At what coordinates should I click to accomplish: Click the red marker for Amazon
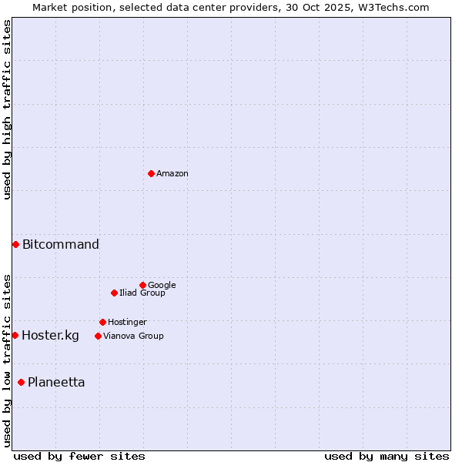(151, 173)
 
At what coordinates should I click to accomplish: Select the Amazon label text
(172, 174)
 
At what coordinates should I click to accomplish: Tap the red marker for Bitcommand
(15, 244)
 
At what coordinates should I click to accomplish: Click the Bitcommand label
(61, 245)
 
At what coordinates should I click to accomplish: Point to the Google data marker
(142, 285)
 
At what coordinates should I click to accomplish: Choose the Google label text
(162, 286)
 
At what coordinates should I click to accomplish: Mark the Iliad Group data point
(114, 293)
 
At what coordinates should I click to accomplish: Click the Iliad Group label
(142, 293)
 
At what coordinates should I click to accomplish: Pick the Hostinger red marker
(102, 322)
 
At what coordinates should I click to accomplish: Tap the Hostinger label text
(127, 323)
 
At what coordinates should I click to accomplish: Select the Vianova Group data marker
(98, 336)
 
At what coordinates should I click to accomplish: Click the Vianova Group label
(133, 336)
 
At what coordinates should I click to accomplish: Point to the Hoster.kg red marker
(15, 335)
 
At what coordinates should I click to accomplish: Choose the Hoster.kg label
(50, 336)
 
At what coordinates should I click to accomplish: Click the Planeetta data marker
(21, 382)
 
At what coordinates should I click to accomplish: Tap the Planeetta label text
(56, 383)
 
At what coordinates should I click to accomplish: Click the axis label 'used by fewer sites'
(79, 456)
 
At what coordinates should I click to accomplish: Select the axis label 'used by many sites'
(387, 456)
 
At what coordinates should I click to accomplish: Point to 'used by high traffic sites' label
(7, 109)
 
